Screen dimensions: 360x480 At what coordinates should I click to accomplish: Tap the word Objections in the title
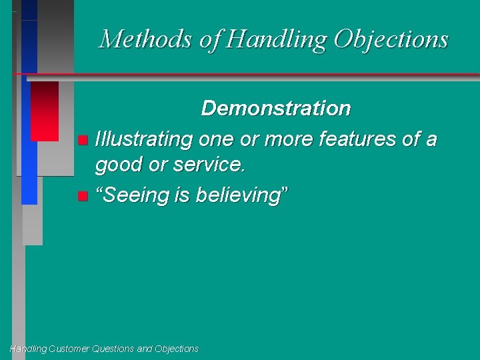pos(391,39)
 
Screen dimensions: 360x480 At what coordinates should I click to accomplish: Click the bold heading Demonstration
pos(275,108)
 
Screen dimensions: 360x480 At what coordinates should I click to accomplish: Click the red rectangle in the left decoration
pos(45,111)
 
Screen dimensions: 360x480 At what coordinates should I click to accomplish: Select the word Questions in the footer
pos(117,349)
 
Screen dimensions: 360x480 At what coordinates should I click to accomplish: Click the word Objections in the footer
pos(176,349)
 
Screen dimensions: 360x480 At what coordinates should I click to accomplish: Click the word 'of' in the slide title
pos(210,39)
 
